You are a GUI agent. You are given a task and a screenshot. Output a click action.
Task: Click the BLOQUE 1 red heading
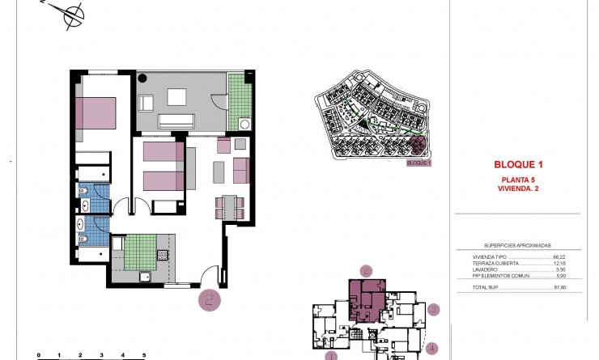[518, 163]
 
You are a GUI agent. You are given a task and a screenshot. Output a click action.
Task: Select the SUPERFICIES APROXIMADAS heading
[517, 244]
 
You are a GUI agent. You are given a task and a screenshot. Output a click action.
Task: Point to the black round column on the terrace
[143, 79]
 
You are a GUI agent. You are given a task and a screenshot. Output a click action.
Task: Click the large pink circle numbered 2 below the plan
[210, 300]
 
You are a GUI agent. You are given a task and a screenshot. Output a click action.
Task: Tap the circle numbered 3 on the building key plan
[434, 308]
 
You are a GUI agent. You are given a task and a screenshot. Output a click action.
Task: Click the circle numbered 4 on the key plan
[433, 349]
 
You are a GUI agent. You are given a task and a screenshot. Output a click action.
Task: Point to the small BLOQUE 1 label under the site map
[418, 163]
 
